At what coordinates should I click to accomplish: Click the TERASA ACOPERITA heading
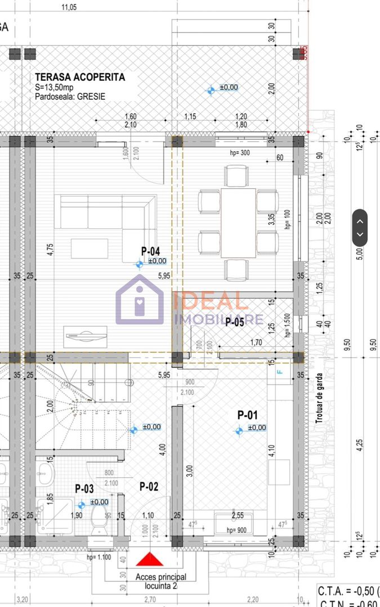pyautogui.click(x=80, y=77)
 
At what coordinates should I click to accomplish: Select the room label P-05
pyautogui.click(x=235, y=322)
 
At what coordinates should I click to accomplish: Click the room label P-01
pyautogui.click(x=247, y=415)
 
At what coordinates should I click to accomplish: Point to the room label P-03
pyautogui.click(x=84, y=489)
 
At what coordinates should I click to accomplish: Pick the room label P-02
pyautogui.click(x=149, y=487)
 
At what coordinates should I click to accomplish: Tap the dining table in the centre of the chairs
pyautogui.click(x=238, y=222)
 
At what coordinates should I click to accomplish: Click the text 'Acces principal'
pyautogui.click(x=160, y=577)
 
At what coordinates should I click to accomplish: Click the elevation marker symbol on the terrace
pyautogui.click(x=211, y=90)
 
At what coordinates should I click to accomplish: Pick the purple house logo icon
pyautogui.click(x=140, y=300)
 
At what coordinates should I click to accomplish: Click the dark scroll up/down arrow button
pyautogui.click(x=360, y=228)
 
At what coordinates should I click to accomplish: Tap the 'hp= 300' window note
pyautogui.click(x=240, y=153)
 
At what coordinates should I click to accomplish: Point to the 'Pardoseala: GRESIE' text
pyautogui.click(x=70, y=97)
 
